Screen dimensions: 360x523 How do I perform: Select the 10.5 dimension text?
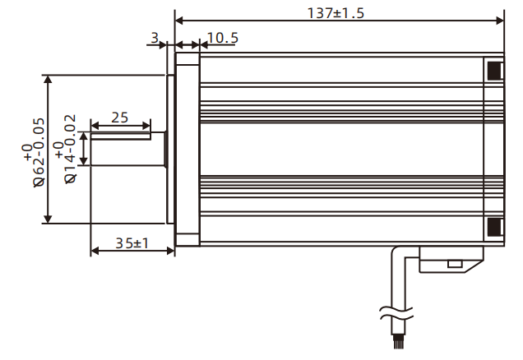click(222, 37)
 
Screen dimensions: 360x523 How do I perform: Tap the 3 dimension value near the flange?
click(155, 37)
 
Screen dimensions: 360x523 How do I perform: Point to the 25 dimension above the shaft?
click(120, 117)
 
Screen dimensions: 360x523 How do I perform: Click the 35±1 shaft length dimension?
click(131, 242)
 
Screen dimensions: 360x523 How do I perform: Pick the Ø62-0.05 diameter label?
click(35, 150)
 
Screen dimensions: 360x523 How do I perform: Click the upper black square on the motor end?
click(493, 71)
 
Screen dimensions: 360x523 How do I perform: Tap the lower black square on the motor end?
click(493, 226)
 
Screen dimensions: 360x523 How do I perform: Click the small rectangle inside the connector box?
click(453, 264)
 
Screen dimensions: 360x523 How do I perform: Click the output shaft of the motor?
click(127, 149)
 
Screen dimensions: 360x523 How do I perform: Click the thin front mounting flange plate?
click(171, 149)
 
